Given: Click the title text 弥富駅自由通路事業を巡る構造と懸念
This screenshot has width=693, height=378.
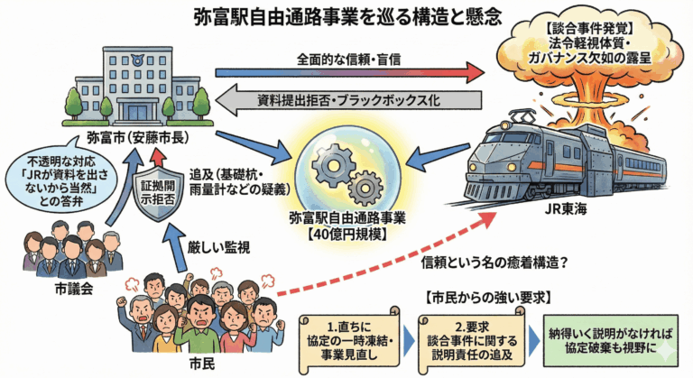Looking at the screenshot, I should [346, 15].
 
